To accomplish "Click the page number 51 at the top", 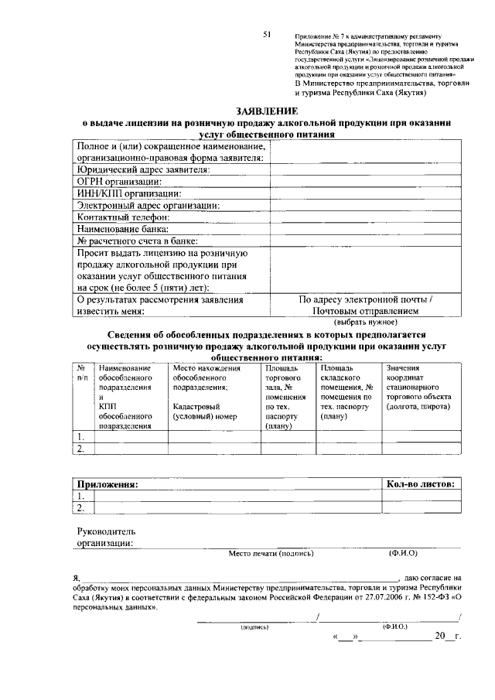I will pos(267,35).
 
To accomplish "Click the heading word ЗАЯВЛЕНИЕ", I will pos(268,111).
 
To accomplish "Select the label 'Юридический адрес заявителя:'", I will pos(142,169).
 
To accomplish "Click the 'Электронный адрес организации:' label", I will pos(148,205).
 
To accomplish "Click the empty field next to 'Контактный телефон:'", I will pos(366,217).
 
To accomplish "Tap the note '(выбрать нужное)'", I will pos(366,321).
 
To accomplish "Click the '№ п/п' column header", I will pos(80,373).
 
